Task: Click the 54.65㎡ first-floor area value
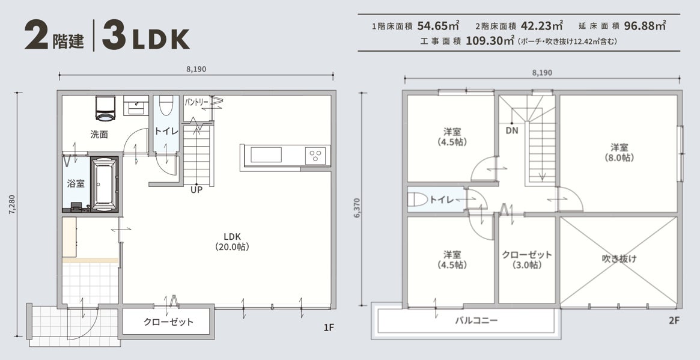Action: (x=439, y=25)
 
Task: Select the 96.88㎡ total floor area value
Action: (x=645, y=25)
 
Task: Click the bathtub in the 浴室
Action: (x=104, y=183)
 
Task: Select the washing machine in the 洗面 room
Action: (x=106, y=108)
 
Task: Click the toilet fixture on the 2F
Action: (x=418, y=199)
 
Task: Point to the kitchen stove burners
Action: (x=315, y=156)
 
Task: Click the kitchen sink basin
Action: (x=266, y=155)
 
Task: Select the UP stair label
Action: (x=196, y=191)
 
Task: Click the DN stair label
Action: (x=511, y=131)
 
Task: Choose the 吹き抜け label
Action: (x=619, y=258)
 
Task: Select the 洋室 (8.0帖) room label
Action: (x=619, y=152)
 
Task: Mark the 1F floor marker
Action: (x=329, y=328)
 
